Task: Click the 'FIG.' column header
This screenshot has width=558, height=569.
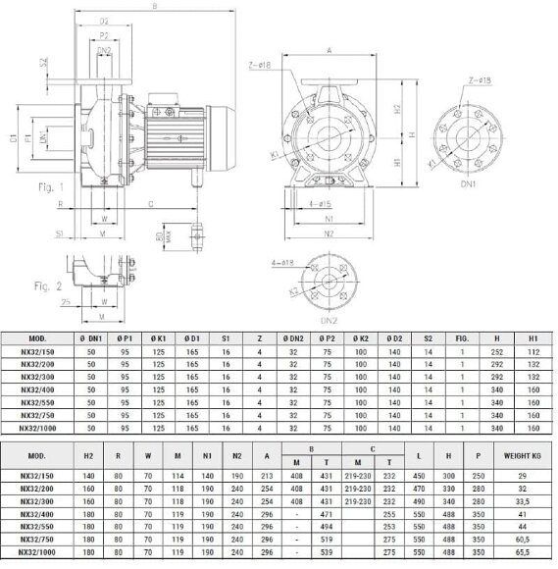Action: (x=463, y=339)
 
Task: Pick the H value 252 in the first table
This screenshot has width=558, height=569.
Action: (x=497, y=351)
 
